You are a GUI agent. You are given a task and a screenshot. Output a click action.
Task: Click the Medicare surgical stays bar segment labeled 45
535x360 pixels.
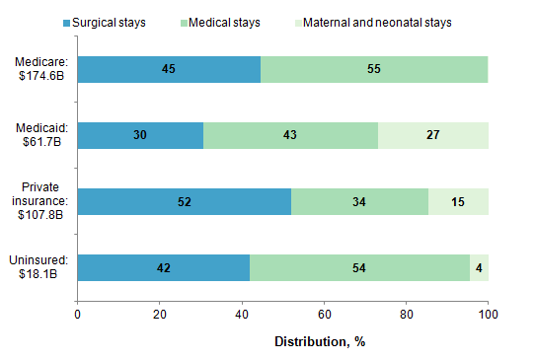click(x=169, y=70)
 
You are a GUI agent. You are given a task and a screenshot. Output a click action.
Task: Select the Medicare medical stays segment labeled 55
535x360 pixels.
click(x=374, y=70)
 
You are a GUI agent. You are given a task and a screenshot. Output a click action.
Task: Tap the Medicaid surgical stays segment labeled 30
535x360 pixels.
click(x=140, y=135)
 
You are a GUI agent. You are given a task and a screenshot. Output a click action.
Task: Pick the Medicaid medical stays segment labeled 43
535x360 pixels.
click(x=290, y=135)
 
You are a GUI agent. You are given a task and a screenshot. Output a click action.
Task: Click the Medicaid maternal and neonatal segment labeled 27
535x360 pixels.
click(x=432, y=135)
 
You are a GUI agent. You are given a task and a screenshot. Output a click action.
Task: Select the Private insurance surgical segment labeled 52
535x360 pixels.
click(x=184, y=202)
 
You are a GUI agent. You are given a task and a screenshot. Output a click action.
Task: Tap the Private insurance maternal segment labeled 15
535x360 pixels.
click(x=458, y=202)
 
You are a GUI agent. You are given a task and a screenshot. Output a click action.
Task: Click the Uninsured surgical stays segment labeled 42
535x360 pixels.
click(x=163, y=267)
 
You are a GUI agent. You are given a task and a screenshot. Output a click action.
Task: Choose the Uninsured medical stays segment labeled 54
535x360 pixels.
click(x=359, y=267)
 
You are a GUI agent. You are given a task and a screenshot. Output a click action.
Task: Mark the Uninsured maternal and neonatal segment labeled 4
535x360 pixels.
click(x=479, y=267)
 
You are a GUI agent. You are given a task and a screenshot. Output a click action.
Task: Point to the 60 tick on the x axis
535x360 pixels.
click(x=324, y=316)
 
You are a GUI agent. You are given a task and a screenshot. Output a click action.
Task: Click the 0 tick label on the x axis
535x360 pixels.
click(x=78, y=316)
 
